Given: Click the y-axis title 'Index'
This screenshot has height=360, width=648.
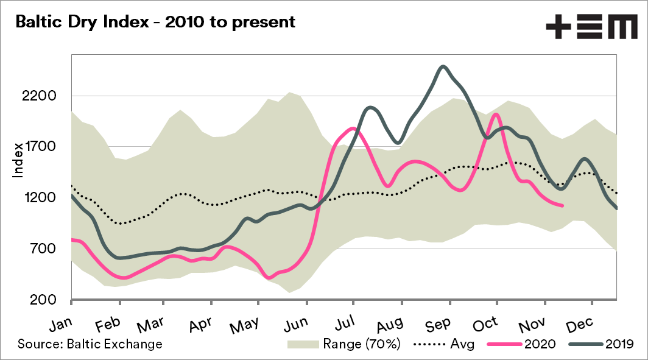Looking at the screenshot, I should pos(18,160).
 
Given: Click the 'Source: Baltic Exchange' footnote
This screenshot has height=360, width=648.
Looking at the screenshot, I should pos(90,344).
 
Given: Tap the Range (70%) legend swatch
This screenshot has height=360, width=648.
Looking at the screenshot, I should pos(303,344).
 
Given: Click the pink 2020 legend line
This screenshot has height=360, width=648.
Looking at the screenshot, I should pos(504,344).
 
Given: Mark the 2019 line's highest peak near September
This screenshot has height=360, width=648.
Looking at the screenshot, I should pos(443,66).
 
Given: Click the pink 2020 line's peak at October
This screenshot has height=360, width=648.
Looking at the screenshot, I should pos(495,115).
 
